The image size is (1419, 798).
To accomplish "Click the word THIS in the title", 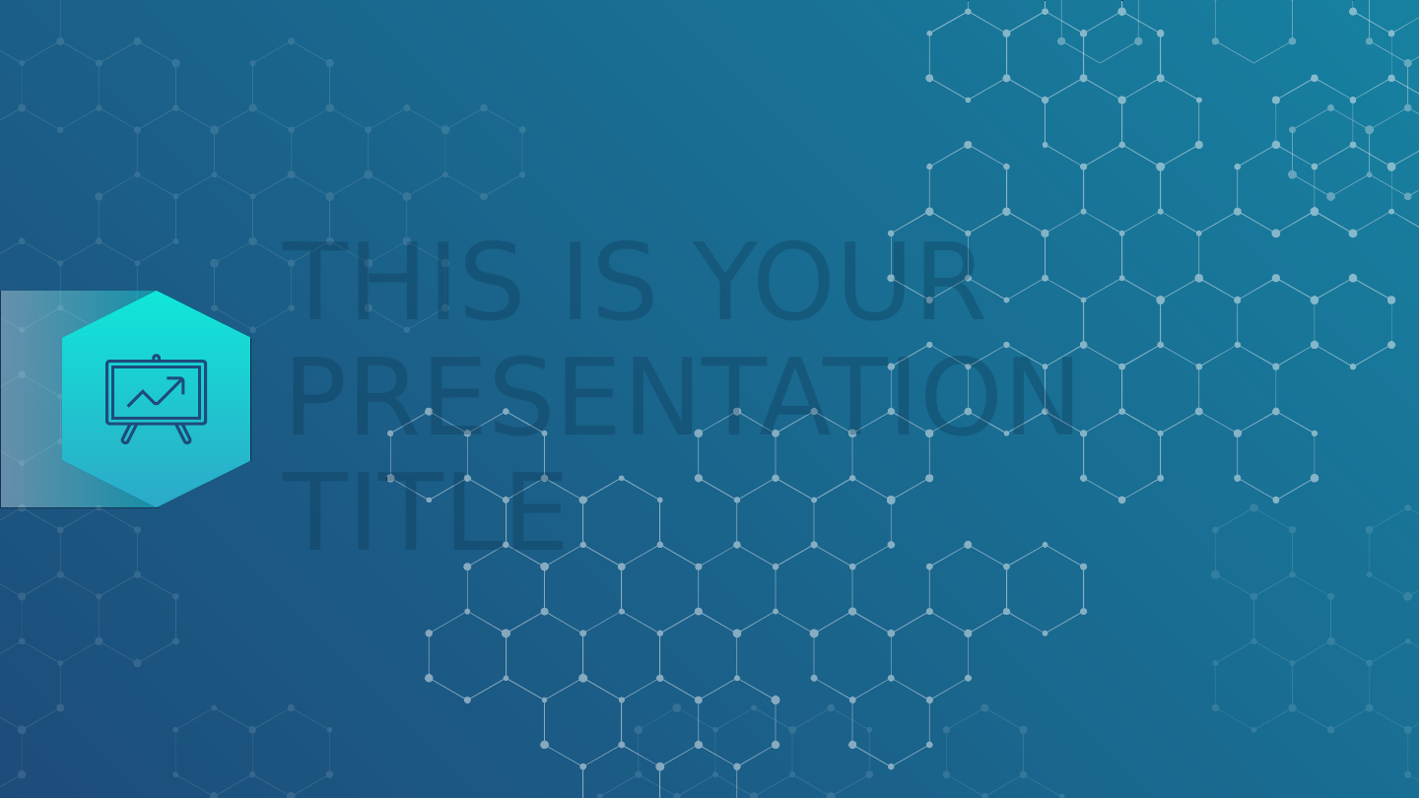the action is (x=401, y=281).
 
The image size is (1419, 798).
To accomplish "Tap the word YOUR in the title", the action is (x=837, y=281).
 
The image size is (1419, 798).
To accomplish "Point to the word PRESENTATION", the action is (x=682, y=396).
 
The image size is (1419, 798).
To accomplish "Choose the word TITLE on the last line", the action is (x=422, y=511).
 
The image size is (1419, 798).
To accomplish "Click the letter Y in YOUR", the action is (x=725, y=281).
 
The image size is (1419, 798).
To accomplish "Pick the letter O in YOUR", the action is (x=793, y=281).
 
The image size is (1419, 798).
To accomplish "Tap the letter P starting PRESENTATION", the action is (x=316, y=396).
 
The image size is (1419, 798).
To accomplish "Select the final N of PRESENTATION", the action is (x=1044, y=396).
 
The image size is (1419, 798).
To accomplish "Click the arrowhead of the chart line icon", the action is (x=178, y=383).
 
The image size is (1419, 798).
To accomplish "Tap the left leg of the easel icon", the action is (x=129, y=433).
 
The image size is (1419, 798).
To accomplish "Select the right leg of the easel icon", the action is (x=183, y=433).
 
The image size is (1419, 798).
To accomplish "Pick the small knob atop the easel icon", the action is (x=157, y=358).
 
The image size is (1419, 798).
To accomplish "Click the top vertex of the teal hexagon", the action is (x=157, y=292).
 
